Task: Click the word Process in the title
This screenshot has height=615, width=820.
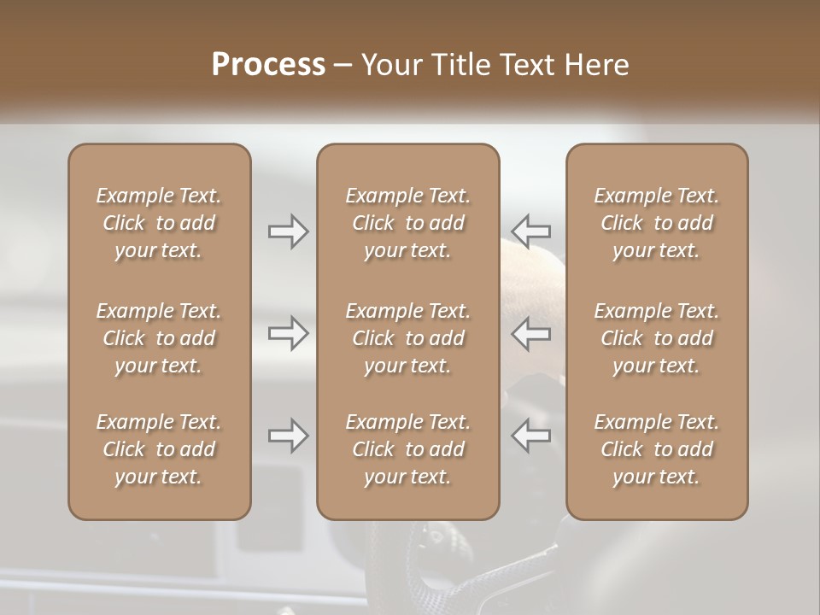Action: pos(268,65)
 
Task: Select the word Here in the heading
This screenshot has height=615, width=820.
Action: pos(596,65)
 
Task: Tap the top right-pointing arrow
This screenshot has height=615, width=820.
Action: pos(289,231)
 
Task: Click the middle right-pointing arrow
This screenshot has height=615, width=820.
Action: pos(289,333)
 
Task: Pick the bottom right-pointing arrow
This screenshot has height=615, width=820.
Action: pos(289,436)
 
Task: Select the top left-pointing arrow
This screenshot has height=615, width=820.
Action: pos(531,231)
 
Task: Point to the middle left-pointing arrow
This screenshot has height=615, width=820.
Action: pos(531,333)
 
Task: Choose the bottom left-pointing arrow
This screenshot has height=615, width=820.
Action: pos(531,436)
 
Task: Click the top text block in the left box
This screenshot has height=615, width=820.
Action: pos(159,223)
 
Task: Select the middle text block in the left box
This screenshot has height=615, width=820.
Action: pos(159,338)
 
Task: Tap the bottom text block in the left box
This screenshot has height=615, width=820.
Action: pos(159,449)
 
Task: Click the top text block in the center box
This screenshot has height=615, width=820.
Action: pos(408,223)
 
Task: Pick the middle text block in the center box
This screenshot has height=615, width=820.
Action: pos(408,338)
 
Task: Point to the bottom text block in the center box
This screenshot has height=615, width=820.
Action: pos(408,449)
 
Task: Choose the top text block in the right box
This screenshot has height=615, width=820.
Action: pos(657,223)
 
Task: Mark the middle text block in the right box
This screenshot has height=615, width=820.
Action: pos(657,338)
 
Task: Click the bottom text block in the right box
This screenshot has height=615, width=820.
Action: pos(657,449)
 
